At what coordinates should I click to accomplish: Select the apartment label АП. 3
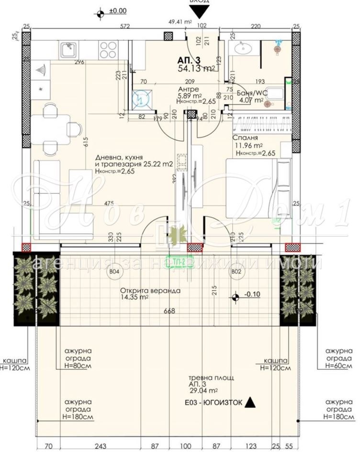189,60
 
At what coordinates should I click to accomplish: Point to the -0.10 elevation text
252,294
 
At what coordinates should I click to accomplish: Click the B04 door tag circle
114,272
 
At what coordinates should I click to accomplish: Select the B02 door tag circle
236,272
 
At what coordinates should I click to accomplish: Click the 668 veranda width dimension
169,311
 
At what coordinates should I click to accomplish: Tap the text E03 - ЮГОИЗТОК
214,403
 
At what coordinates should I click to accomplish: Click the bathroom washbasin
243,48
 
